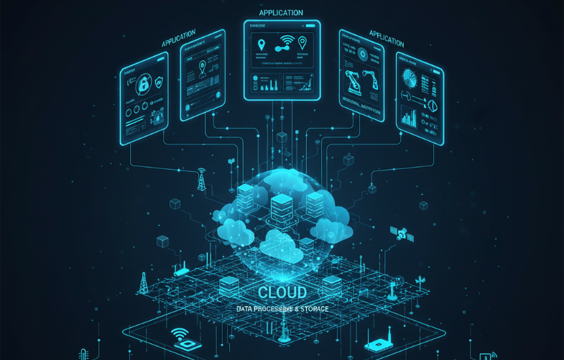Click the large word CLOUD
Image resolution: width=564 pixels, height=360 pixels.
[281, 292]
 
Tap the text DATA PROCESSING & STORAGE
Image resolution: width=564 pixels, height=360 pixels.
[282, 309]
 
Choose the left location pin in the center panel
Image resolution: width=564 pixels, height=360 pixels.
[261, 45]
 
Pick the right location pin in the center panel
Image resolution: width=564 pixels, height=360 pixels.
[302, 42]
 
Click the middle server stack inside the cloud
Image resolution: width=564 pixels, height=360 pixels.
[281, 207]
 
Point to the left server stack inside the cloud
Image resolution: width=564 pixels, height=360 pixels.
[246, 196]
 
